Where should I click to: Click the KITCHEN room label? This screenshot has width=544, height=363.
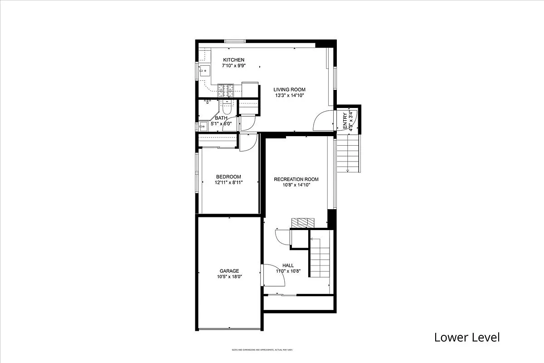(233, 60)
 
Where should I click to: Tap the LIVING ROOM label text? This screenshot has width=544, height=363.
(289, 90)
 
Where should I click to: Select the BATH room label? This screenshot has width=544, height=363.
(209, 118)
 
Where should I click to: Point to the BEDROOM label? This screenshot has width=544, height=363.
(228, 177)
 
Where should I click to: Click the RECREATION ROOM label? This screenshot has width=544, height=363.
(296, 179)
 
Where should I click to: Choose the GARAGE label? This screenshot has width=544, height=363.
(229, 271)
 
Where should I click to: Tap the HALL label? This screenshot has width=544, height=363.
(288, 265)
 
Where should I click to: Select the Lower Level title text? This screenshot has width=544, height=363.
(467, 337)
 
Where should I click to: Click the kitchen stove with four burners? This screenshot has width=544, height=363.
(226, 91)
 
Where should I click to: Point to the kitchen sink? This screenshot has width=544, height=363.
(204, 71)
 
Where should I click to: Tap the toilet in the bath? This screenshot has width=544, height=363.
(226, 108)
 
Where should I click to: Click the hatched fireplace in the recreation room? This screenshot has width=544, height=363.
(302, 222)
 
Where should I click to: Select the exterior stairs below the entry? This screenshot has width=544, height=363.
(347, 154)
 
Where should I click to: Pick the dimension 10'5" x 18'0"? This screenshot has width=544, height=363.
(229, 276)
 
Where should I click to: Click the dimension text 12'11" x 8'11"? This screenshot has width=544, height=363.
(228, 182)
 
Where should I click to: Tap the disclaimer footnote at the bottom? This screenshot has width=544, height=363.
(262, 350)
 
